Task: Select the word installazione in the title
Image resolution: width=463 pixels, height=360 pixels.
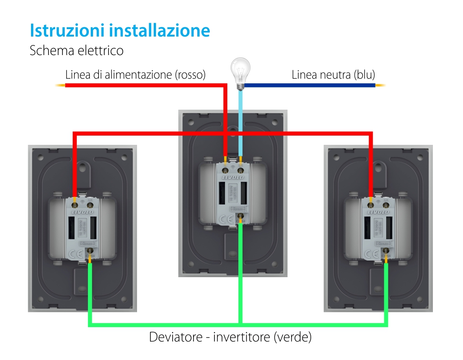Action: pos(160,31)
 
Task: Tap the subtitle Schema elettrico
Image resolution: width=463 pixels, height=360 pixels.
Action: pos(76,50)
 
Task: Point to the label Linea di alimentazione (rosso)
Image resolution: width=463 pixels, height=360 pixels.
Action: pos(135,74)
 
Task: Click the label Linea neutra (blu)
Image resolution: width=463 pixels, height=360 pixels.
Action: pos(333,74)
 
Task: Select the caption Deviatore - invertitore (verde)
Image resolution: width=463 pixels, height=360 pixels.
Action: pos(230,337)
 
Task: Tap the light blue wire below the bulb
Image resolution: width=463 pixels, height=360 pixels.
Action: pos(240,120)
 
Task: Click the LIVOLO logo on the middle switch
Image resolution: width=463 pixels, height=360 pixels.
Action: pos(232,176)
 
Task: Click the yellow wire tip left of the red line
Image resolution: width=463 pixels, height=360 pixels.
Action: pos(60,85)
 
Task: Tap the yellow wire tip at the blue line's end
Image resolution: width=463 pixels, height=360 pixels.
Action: pos(380,85)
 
